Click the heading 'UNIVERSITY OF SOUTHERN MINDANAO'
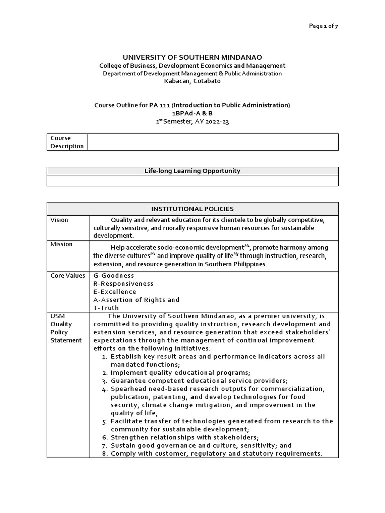click(x=192, y=57)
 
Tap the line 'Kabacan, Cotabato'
click(x=192, y=81)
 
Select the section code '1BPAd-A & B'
click(x=192, y=113)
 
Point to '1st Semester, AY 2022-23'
click(x=192, y=122)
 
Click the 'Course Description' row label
click(x=67, y=142)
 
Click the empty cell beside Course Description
click(x=213, y=142)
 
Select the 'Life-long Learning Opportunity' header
click(x=192, y=171)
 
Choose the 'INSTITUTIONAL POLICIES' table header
click(x=192, y=209)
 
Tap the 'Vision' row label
click(x=59, y=220)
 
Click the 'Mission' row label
click(x=61, y=244)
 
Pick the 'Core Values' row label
click(x=68, y=275)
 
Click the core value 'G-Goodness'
click(x=114, y=275)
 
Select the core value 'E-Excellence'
click(x=115, y=292)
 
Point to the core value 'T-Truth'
click(x=106, y=308)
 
